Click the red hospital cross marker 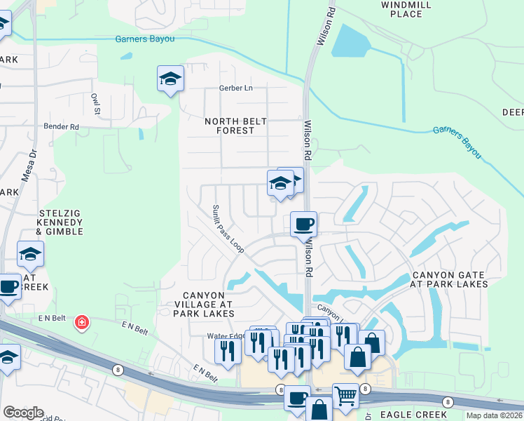82,323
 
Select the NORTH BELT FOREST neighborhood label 235,126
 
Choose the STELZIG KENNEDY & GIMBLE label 60,221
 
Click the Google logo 23,413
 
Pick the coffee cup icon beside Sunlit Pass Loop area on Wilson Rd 303,224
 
